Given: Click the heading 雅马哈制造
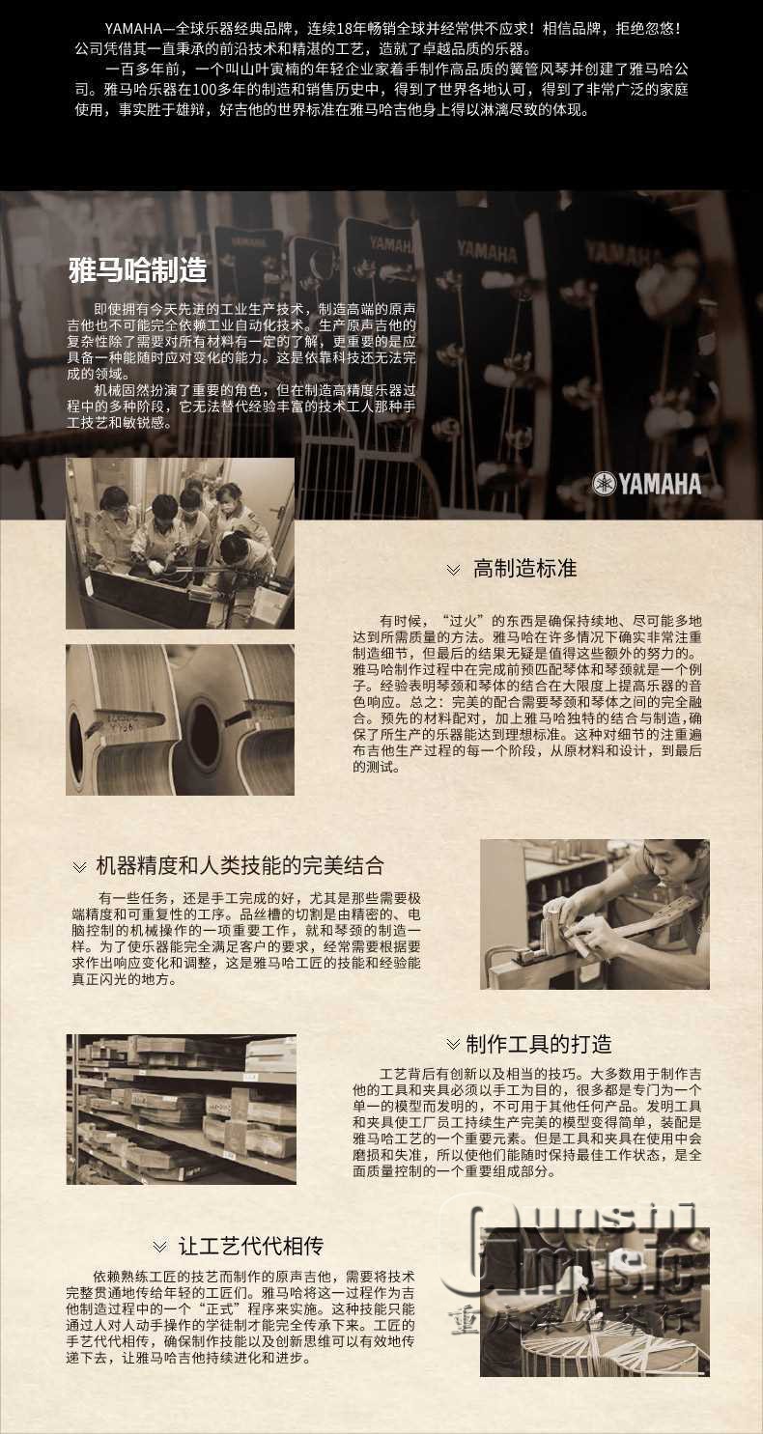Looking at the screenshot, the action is coord(137,270).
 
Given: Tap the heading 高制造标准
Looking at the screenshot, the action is coord(524,569).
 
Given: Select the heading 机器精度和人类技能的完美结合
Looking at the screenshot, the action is coord(240,865).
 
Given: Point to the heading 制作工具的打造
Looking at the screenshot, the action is coord(538,1044).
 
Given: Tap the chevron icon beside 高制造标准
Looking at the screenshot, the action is coord(453,570).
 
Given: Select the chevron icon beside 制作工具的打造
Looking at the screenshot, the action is coord(453,1044).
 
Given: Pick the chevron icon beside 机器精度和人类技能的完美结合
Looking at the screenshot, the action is coord(79,867).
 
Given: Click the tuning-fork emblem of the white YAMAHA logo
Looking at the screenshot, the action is coord(603,484).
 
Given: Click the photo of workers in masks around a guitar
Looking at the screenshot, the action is coord(180,543).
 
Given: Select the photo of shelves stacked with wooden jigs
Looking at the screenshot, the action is coord(182,1109).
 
